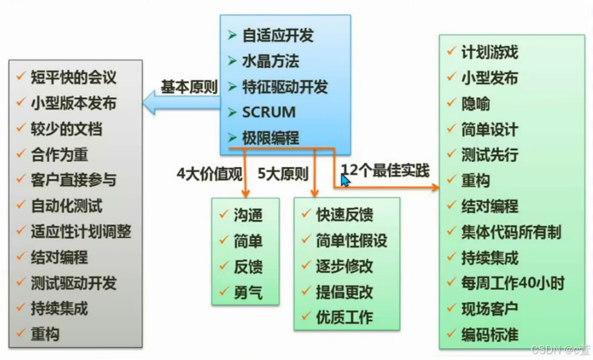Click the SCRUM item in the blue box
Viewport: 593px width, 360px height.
pos(269,112)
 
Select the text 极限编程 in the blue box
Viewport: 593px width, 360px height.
pos(271,138)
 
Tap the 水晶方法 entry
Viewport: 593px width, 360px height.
pos(271,62)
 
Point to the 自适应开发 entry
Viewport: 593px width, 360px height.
pos(278,36)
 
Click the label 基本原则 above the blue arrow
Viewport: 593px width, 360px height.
pos(189,88)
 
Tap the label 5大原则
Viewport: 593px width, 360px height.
pos(283,174)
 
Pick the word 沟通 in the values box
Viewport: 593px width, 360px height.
pos(248,216)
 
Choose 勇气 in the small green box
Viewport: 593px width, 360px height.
pos(248,293)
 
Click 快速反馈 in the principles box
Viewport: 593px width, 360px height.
pos(344,215)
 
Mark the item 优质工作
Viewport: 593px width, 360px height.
pos(344,317)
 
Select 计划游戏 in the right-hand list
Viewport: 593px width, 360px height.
pos(489,52)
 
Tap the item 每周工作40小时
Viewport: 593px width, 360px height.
pos(513,283)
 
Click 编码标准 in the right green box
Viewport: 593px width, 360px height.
pos(489,335)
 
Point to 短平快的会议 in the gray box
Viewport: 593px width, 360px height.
pos(73,78)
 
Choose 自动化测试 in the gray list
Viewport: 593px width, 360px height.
pos(66,207)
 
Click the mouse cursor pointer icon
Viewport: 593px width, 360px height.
pos(345,179)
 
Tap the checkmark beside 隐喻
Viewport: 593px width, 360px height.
pos(451,104)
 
